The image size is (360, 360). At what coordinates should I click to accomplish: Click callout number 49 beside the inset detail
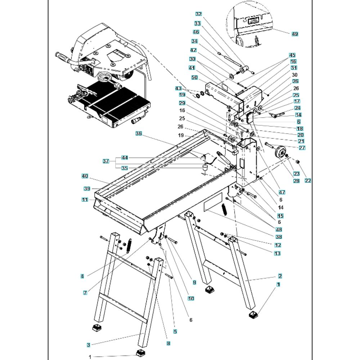click(294, 34)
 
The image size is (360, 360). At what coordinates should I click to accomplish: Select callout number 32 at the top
click(199, 14)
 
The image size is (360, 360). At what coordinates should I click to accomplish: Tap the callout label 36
click(139, 134)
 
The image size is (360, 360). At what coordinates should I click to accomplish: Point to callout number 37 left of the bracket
click(105, 161)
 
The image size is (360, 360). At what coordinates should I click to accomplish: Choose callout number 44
click(125, 158)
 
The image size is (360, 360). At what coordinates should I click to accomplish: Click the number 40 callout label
click(85, 176)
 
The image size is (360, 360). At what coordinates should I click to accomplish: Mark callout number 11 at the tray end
click(85, 200)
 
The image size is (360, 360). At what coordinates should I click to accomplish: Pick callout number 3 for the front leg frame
click(89, 345)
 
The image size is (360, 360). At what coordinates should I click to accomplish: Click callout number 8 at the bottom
click(168, 343)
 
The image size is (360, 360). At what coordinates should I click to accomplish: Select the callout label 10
click(191, 298)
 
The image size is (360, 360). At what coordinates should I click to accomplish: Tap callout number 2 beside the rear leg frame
click(280, 276)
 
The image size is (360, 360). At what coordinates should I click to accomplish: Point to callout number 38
click(279, 237)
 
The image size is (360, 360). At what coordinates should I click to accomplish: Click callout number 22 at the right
click(308, 181)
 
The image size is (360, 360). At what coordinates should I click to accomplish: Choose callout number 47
click(282, 192)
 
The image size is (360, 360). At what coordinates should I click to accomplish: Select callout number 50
click(194, 77)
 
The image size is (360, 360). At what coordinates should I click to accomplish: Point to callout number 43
click(179, 89)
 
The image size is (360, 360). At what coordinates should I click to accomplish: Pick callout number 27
click(302, 148)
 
